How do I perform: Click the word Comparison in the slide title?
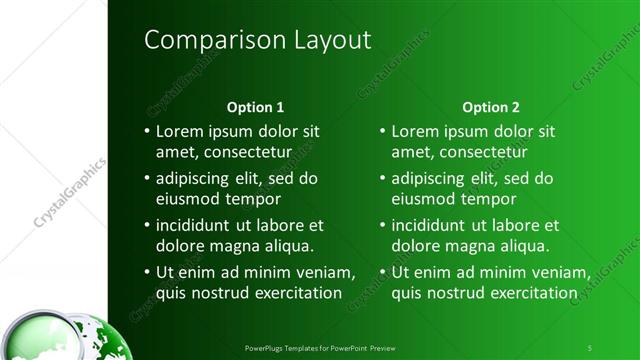coord(200,40)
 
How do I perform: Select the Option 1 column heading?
coord(255,106)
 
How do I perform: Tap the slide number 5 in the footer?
coord(590,345)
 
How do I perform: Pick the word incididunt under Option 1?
coord(197,226)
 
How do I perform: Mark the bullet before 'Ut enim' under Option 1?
coord(147,273)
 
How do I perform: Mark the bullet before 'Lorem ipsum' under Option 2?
coord(384,131)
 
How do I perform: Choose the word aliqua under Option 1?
coord(287,246)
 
